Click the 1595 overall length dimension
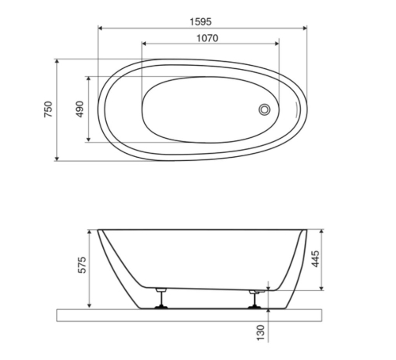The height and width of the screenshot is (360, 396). pos(200,21)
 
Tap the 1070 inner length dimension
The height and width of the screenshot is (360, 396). pos(208,38)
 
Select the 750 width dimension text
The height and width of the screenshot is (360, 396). pos(48,109)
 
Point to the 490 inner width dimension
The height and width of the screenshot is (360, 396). pos(79,109)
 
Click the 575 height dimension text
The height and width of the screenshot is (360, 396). pos(82,265)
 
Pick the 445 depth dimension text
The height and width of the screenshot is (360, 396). pos(315,259)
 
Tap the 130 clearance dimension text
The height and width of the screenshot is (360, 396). pos(261,333)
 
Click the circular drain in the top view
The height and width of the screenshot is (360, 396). pos(265,109)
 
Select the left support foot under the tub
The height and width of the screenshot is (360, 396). pos(161,298)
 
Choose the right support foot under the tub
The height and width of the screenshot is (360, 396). pos(255,299)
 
